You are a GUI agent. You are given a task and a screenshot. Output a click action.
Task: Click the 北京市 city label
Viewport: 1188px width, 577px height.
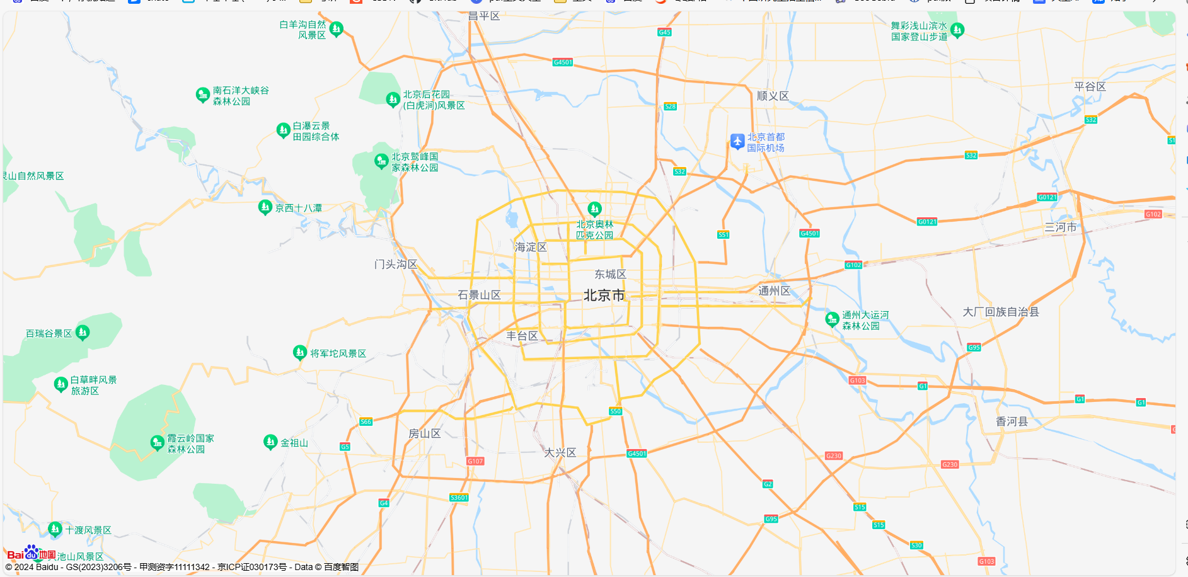click(x=604, y=295)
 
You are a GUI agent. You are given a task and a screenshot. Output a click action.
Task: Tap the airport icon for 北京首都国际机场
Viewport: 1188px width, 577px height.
click(x=737, y=141)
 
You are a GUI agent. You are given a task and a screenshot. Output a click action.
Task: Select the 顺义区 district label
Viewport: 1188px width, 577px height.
click(x=773, y=96)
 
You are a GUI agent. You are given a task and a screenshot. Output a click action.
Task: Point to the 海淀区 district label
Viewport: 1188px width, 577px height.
click(x=531, y=247)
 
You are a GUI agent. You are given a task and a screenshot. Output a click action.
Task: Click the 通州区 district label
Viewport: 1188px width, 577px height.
click(x=774, y=290)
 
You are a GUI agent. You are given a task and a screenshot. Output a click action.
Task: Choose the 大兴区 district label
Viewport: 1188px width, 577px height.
click(x=560, y=452)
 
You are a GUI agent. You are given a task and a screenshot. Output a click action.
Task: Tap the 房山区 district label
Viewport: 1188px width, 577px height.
click(x=425, y=433)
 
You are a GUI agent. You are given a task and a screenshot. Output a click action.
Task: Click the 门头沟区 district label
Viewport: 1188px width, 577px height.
click(x=396, y=264)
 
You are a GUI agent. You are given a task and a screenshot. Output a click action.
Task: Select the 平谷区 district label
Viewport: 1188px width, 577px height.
click(x=1090, y=86)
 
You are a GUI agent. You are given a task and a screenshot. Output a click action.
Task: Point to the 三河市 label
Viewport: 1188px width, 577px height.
click(x=1061, y=227)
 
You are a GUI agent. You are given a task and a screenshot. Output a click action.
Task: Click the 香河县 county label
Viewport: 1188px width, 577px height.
click(x=1012, y=421)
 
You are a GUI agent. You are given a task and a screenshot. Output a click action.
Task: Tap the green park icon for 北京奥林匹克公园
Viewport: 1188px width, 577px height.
click(x=594, y=209)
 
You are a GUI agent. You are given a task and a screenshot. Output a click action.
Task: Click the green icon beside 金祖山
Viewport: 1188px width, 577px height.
click(x=270, y=442)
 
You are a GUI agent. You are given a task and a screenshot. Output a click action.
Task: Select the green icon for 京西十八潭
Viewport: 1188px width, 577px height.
click(x=265, y=207)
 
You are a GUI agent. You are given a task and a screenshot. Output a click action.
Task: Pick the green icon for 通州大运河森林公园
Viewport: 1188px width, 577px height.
click(x=832, y=319)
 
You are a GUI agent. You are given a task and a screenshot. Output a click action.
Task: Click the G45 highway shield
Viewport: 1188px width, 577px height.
click(x=664, y=32)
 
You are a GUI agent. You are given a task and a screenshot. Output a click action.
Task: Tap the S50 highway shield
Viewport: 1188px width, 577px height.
click(x=615, y=411)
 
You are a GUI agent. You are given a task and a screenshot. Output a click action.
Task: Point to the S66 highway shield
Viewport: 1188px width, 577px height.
click(x=366, y=421)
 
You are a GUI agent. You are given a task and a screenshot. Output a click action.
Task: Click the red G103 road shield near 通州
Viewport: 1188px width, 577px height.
click(x=857, y=380)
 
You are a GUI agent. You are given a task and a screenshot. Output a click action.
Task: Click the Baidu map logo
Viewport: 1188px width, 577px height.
click(x=31, y=554)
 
